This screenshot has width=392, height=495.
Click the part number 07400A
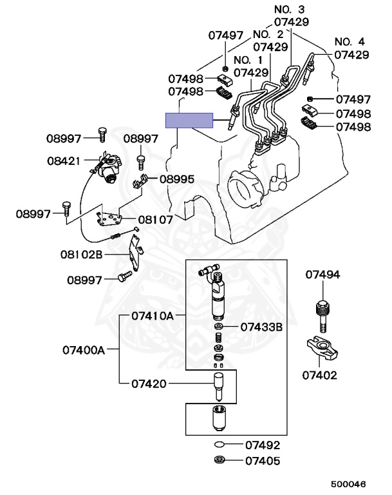tap(83, 350)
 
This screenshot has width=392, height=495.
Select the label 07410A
tap(153, 315)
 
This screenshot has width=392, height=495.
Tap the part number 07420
tap(149, 383)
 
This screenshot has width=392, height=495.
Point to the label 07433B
tap(261, 327)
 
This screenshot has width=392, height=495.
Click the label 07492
tap(263, 445)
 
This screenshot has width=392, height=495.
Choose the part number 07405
tap(263, 461)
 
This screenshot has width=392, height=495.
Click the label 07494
tap(322, 275)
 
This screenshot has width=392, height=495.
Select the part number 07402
tap(319, 375)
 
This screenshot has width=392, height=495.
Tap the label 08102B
tap(81, 254)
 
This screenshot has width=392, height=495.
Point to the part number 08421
tap(64, 160)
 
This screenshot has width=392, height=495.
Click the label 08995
tap(177, 179)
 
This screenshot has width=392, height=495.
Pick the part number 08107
tap(156, 219)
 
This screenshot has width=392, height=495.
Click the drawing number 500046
tap(348, 484)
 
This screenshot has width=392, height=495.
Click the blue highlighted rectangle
tap(189, 121)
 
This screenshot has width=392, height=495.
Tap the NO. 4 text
tap(350, 41)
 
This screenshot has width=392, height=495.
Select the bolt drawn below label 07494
tap(322, 316)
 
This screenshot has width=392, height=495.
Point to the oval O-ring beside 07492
tap(219, 445)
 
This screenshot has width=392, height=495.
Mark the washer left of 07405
tap(219, 460)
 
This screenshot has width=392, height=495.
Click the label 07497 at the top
tap(225, 35)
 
